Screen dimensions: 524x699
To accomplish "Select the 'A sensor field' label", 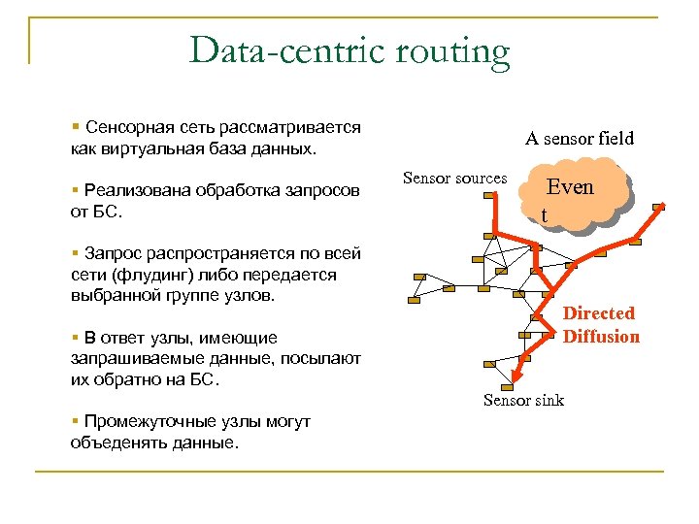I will coord(580,138).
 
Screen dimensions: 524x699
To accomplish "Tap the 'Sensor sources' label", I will coord(454,179).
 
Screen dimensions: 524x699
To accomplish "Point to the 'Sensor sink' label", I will coord(523,400).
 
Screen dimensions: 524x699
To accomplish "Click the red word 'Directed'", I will coord(599,313).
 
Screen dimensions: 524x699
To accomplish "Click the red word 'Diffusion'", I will coord(601,337).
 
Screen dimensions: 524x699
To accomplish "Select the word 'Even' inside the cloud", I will coord(570,188).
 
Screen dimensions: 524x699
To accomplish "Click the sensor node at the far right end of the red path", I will coord(660,207).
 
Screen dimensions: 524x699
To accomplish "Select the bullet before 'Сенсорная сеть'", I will coord(75,127).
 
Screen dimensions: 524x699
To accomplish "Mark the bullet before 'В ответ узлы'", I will coord(75,338).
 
